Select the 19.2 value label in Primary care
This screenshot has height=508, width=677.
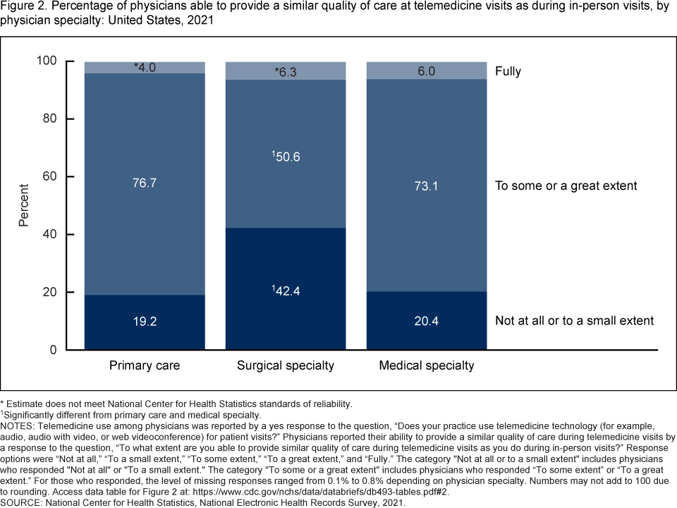coord(145,321)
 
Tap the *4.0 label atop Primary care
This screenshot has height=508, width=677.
coord(145,68)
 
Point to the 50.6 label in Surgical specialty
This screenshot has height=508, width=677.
coord(286,157)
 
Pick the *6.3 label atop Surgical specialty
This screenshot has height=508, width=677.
coord(286,72)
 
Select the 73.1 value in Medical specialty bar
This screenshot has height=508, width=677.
coord(427,186)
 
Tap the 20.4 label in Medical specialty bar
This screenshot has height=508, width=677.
coord(427,321)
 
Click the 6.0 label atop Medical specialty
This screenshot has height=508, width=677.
coord(427,71)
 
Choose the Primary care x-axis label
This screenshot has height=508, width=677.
coord(145,365)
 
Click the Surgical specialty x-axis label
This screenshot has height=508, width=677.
coord(286,365)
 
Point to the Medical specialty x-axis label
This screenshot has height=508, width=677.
coord(427,365)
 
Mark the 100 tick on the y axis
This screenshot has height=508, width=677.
coord(46,61)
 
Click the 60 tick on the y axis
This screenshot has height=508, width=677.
coord(49,176)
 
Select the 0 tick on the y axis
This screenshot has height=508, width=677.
coord(52,350)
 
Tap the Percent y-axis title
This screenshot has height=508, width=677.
coord(24,205)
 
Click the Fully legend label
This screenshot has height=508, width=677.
coord(508,71)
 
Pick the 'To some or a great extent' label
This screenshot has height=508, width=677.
coord(566,186)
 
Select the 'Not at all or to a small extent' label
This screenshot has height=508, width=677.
coord(574,321)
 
